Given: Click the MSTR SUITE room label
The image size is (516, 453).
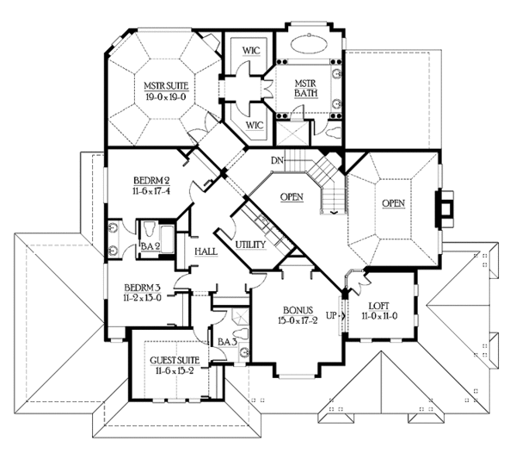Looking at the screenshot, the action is click(166, 86).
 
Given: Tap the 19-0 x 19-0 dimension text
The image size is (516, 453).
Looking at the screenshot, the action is click(166, 96).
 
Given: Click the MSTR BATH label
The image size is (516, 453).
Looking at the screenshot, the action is click(305, 89).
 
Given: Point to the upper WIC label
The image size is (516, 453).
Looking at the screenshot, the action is click(251, 51).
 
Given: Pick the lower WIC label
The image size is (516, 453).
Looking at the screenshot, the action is click(255, 125).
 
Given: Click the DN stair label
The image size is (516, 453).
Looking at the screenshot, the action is click(277, 160).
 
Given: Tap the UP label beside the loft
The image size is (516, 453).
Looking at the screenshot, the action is click(331, 315).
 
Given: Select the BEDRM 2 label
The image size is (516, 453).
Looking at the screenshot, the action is click(151, 181).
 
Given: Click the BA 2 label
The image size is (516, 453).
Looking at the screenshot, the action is click(150, 246).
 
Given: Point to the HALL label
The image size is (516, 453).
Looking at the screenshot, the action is click(206, 251).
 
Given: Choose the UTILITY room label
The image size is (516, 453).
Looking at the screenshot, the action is click(250, 245).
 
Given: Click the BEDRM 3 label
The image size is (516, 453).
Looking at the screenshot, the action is click(143, 288).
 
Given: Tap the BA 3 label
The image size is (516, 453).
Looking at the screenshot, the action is click(227, 342).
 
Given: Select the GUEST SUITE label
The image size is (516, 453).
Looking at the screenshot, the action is click(175, 361).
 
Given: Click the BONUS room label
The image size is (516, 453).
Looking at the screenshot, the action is click(298, 310).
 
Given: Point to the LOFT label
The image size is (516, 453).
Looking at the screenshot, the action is click(379, 306).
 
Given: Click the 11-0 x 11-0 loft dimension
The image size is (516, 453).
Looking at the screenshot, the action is click(379, 316).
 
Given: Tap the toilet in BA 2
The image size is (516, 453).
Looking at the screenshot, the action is click(150, 228).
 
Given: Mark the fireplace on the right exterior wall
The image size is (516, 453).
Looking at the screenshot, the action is click(444, 209).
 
